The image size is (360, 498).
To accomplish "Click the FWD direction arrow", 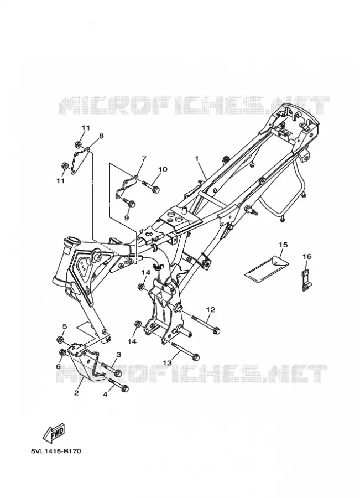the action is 54,433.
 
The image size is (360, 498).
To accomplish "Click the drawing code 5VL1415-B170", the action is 55,451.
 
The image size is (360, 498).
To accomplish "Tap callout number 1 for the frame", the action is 197,158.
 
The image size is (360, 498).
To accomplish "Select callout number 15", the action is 283,245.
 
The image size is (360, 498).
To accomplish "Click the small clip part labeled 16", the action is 305,280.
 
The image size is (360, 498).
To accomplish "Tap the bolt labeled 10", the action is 151,186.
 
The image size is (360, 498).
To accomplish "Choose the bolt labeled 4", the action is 118,385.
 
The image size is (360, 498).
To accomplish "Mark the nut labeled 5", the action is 59,340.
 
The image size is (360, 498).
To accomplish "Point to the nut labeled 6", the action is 63,352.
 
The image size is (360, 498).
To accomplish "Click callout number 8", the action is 101,136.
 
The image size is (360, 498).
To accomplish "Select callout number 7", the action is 143,158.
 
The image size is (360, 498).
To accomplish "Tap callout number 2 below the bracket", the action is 76,393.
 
